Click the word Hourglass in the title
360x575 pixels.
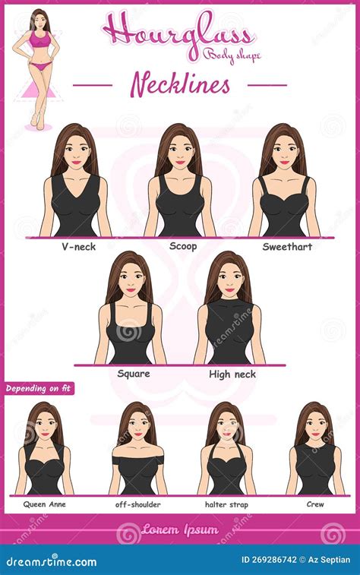click(x=178, y=33)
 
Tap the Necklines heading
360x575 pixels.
click(x=180, y=84)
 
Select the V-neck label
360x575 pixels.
click(x=79, y=247)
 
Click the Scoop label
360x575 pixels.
click(x=183, y=247)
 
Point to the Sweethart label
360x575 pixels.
click(x=287, y=247)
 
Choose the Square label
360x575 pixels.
click(x=134, y=374)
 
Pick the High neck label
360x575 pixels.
click(x=232, y=374)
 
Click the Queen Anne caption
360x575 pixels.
click(x=43, y=504)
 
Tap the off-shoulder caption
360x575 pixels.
click(x=137, y=504)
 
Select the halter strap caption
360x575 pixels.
click(x=226, y=504)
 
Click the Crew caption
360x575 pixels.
click(x=315, y=504)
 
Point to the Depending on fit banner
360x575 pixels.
click(x=37, y=389)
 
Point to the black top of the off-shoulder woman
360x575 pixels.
click(x=137, y=472)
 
